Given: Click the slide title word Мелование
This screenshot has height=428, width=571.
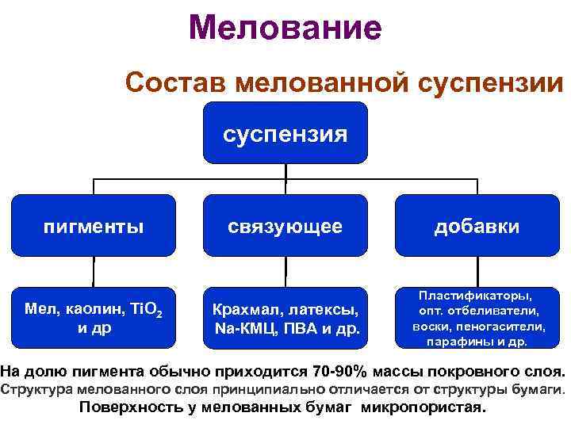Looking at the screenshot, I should click(x=285, y=29).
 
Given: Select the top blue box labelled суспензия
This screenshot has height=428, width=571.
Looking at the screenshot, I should click(x=285, y=134).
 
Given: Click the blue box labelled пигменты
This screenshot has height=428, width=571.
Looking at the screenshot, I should click(x=94, y=227).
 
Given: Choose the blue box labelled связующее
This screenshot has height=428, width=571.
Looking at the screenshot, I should click(x=285, y=227).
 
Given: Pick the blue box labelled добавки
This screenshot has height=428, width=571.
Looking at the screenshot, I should click(x=477, y=227).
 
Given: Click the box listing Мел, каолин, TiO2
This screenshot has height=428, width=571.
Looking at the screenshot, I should click(x=94, y=316).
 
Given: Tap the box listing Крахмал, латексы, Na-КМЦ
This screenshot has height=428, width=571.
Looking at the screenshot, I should click(x=285, y=316).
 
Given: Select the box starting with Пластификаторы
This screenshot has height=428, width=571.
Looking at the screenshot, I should click(x=477, y=316).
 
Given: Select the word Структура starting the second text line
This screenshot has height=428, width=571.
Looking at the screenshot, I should click(x=33, y=389).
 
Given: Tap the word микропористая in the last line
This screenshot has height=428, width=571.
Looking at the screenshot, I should click(x=421, y=408).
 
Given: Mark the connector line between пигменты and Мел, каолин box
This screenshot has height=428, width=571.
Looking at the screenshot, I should click(x=94, y=270).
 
